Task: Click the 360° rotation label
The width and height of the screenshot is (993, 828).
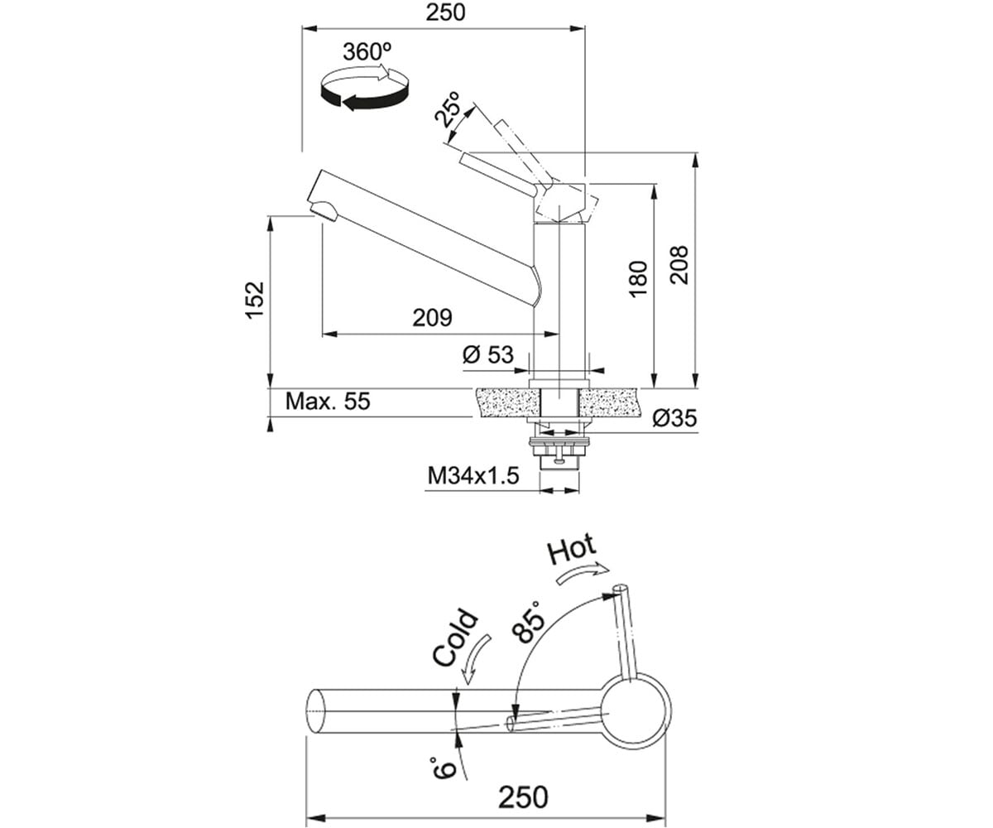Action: click(x=367, y=52)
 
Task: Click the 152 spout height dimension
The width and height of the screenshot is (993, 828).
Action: click(x=254, y=300)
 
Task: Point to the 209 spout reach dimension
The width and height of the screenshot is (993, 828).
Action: click(x=432, y=317)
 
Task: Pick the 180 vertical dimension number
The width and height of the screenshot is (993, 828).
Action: click(x=638, y=279)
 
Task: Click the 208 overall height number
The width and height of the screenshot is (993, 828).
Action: click(x=679, y=266)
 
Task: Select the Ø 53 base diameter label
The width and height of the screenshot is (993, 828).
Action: click(x=488, y=355)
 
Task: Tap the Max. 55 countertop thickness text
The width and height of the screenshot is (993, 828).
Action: click(x=328, y=401)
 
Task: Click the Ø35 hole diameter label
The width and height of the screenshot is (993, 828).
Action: click(x=675, y=418)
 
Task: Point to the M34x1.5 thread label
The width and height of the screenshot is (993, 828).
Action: click(x=473, y=475)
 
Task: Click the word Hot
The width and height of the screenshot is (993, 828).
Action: click(x=571, y=549)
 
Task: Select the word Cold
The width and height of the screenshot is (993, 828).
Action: click(x=454, y=638)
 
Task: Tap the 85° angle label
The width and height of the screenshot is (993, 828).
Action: click(x=529, y=623)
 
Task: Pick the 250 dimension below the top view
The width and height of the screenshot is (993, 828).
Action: click(x=523, y=797)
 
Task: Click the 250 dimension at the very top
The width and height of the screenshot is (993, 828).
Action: click(x=445, y=12)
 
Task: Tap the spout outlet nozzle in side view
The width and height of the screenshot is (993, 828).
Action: click(x=324, y=211)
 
